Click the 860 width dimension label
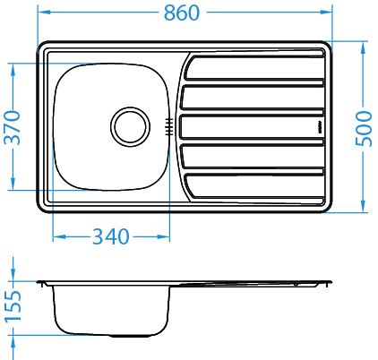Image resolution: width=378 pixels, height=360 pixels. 182,13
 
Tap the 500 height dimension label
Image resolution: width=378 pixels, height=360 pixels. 364,128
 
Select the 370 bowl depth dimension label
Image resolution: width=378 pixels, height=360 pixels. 13,127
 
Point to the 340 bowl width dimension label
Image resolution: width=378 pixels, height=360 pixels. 111,236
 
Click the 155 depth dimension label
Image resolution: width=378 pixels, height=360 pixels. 13,306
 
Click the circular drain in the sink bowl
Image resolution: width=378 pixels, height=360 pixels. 131,126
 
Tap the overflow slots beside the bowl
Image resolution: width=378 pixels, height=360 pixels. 169,126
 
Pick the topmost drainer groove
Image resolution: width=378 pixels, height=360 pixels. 253,68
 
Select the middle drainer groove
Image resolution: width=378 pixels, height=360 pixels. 252,127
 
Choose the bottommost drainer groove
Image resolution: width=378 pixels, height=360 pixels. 253,185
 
